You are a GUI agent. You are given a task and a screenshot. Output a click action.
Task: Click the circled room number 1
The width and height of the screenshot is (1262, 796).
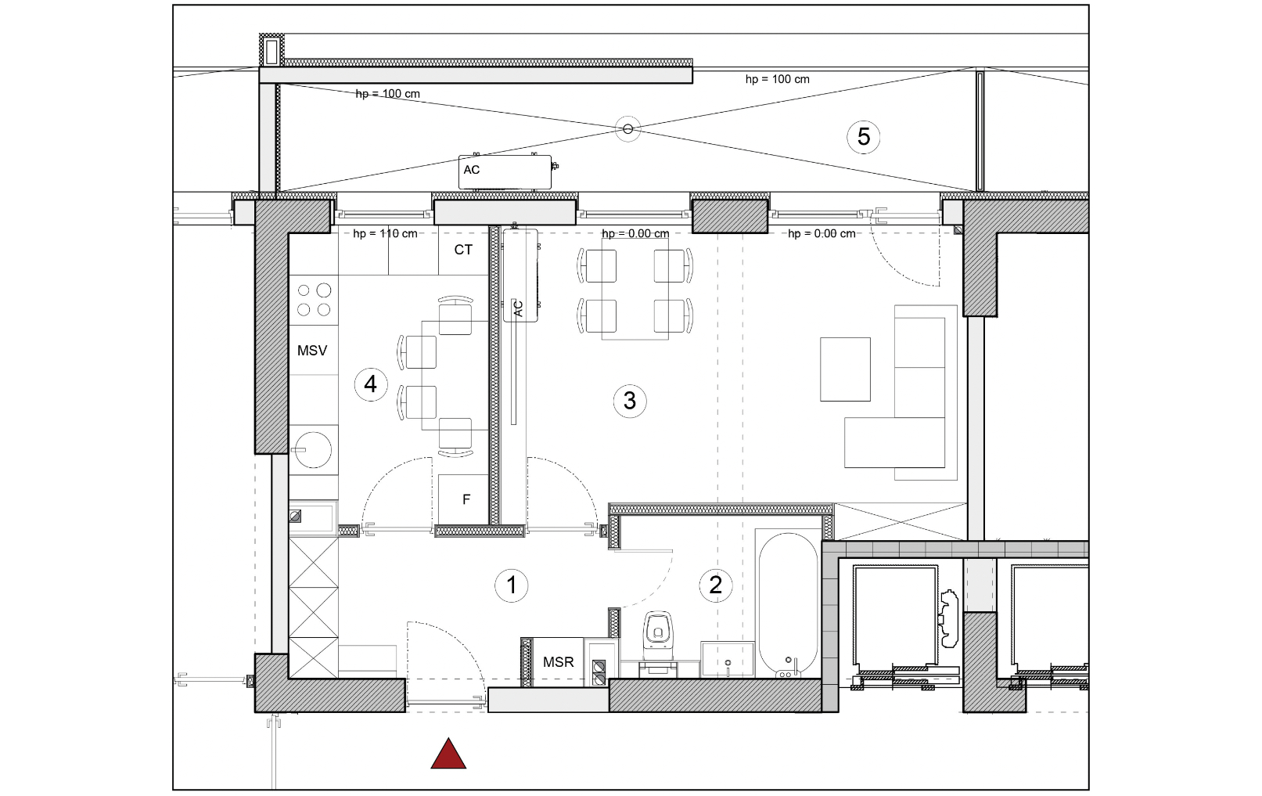click(x=512, y=585)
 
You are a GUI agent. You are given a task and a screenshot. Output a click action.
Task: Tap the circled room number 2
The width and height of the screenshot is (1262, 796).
click(x=716, y=585)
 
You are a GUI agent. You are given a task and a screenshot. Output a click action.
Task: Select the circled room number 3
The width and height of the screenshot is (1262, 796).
click(x=630, y=401)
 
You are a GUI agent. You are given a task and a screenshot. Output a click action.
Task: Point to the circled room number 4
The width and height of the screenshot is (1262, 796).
click(x=371, y=384)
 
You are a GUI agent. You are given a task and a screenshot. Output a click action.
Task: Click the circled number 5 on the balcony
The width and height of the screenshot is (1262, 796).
click(x=864, y=136)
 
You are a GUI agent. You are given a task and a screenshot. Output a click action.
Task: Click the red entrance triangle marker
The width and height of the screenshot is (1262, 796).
click(x=448, y=754)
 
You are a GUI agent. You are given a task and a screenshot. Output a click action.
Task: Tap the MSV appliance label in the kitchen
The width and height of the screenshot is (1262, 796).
click(x=312, y=351)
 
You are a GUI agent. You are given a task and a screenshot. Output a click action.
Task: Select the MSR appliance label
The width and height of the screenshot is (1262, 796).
click(x=559, y=662)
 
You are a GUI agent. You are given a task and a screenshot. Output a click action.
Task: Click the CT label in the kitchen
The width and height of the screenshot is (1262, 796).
click(x=463, y=250)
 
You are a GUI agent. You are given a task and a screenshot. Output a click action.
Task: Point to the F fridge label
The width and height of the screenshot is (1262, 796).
click(x=466, y=499)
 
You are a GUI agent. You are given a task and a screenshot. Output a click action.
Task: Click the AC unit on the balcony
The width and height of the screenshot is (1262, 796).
click(x=505, y=172)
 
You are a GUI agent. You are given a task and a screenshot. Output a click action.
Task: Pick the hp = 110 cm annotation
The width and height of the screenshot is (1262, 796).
click(x=386, y=233)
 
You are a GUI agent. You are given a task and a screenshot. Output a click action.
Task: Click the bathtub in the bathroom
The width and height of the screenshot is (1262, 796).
click(x=788, y=603)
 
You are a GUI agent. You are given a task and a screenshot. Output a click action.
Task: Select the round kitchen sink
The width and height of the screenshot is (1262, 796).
click(x=313, y=450)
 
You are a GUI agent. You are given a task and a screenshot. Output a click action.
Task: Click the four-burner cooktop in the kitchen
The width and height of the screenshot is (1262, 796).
click(x=314, y=300)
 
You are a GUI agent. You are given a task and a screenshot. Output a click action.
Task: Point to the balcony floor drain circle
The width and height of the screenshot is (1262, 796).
click(x=627, y=129)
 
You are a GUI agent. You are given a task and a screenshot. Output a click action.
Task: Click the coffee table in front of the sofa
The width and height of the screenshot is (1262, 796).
click(x=845, y=369)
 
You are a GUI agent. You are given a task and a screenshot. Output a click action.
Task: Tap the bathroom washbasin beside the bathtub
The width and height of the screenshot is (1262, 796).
click(x=728, y=658)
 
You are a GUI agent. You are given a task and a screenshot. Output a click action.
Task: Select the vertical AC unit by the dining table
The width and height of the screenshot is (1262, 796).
click(x=520, y=275)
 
